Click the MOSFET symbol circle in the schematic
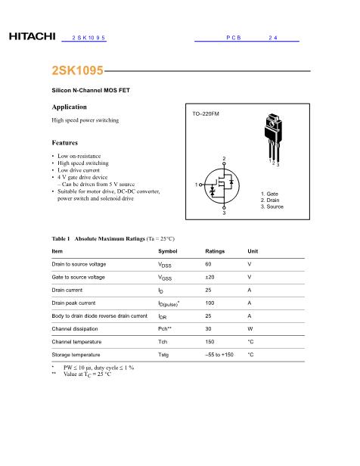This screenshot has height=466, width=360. pyautogui.click(x=224, y=186)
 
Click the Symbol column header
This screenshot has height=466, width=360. pyautogui.click(x=169, y=250)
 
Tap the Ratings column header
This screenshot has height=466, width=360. pyautogui.click(x=215, y=250)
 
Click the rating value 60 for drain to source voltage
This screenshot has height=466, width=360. pyautogui.click(x=208, y=264)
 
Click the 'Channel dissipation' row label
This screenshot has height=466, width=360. pyautogui.click(x=76, y=328)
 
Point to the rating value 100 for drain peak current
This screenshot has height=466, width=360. pyautogui.click(x=209, y=303)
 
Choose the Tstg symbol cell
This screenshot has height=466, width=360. pyautogui.click(x=163, y=354)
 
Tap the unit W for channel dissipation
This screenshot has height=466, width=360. pyautogui.click(x=250, y=328)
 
